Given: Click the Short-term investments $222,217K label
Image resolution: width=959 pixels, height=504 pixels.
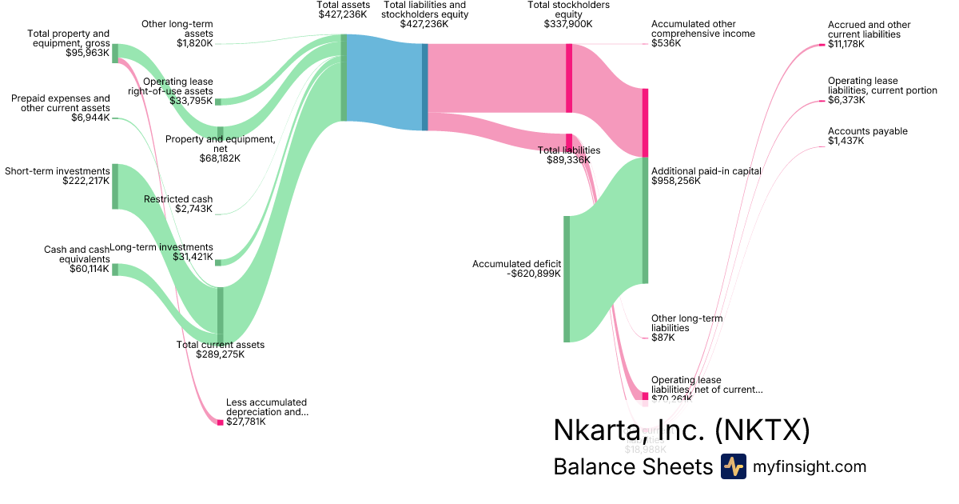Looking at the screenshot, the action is (x=58, y=176).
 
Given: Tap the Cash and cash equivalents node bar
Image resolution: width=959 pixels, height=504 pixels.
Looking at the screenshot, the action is (x=115, y=270).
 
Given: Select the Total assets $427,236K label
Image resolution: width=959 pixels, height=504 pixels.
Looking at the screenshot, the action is (x=344, y=10).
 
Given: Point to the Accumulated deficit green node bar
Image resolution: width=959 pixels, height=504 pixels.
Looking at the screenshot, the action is (x=567, y=278).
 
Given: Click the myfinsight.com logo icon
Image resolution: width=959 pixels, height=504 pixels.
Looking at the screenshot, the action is (x=733, y=466).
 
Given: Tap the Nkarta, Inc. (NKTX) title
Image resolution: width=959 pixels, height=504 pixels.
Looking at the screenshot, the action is (x=682, y=430).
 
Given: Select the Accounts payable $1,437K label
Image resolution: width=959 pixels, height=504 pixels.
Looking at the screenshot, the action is (x=867, y=136).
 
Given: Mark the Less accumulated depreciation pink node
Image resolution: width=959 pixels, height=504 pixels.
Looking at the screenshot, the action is (x=221, y=422).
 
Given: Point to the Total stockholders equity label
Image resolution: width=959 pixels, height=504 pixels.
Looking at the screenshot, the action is (x=568, y=14).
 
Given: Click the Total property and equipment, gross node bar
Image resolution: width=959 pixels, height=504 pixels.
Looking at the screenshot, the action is (x=115, y=53).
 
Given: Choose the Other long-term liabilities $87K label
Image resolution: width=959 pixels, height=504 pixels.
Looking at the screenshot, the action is (x=686, y=328).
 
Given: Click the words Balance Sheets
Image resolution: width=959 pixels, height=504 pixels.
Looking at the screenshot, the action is (x=632, y=467).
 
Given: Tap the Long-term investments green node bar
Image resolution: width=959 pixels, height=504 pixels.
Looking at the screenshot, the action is (x=219, y=262).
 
